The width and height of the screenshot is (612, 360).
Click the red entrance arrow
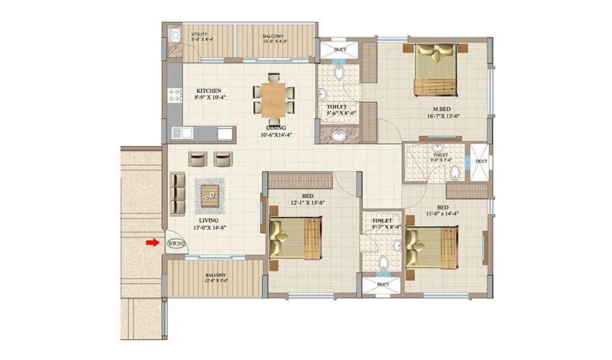click(151, 243)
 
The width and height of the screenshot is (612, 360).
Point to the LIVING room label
click(208, 221)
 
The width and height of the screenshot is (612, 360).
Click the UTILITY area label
click(199, 35)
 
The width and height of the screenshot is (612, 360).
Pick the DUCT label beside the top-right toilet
click(480, 161)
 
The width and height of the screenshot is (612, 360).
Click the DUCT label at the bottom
click(382, 286)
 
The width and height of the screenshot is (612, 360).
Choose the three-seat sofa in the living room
click(177, 189)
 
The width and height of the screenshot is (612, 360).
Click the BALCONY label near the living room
click(215, 275)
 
